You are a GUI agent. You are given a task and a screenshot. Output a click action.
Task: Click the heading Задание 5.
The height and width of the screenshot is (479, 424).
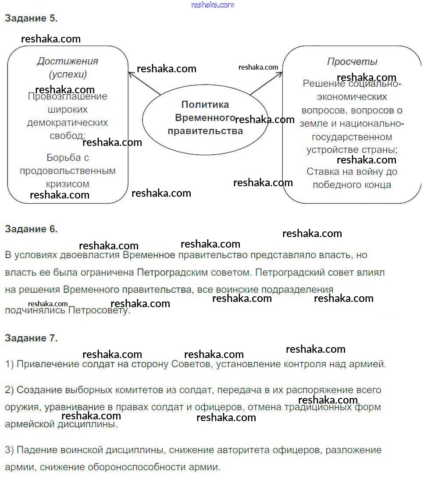[x=31, y=18]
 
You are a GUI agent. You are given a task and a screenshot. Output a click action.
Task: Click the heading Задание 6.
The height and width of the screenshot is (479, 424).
[x=31, y=229]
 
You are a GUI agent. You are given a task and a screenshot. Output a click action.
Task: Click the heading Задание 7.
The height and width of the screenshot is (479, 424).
[x=31, y=338]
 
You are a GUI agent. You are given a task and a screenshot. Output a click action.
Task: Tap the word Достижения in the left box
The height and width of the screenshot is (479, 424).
[x=68, y=61]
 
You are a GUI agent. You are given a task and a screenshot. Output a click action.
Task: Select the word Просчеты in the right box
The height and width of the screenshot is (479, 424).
[x=352, y=61]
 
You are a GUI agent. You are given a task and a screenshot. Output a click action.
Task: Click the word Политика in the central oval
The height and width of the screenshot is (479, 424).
[x=205, y=105]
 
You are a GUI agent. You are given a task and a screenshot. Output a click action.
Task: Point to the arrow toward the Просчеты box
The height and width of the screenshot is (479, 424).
[x=267, y=83]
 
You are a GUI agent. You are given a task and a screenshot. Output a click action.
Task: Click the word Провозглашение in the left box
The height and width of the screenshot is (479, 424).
[x=68, y=96]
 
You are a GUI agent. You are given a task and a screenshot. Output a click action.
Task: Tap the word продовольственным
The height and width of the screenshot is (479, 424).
[x=68, y=170]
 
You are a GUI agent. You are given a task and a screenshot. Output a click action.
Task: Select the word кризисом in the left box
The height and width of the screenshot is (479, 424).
[x=68, y=184]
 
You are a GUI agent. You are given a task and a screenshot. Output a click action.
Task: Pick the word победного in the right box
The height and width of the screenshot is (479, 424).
[x=328, y=185]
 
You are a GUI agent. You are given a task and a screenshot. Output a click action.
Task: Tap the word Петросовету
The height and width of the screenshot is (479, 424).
[x=99, y=310]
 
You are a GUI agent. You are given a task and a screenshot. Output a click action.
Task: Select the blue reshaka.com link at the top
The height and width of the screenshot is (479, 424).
[x=213, y=5]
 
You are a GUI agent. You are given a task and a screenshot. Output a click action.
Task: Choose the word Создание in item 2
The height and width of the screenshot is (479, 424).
[x=38, y=390]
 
